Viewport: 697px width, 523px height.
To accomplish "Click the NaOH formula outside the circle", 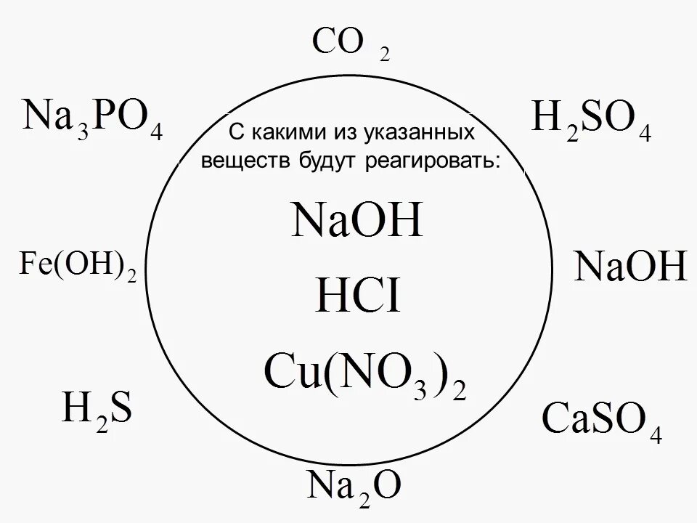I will [629, 267].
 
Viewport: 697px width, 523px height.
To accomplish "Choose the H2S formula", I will [97, 412].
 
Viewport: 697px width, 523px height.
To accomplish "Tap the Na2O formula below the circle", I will [352, 487].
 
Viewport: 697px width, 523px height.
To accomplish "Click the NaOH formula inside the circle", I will [356, 222].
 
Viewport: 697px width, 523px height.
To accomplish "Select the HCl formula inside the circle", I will [357, 298].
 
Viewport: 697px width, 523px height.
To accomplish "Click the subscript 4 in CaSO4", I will [656, 436].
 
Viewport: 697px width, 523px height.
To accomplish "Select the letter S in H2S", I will [120, 410].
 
